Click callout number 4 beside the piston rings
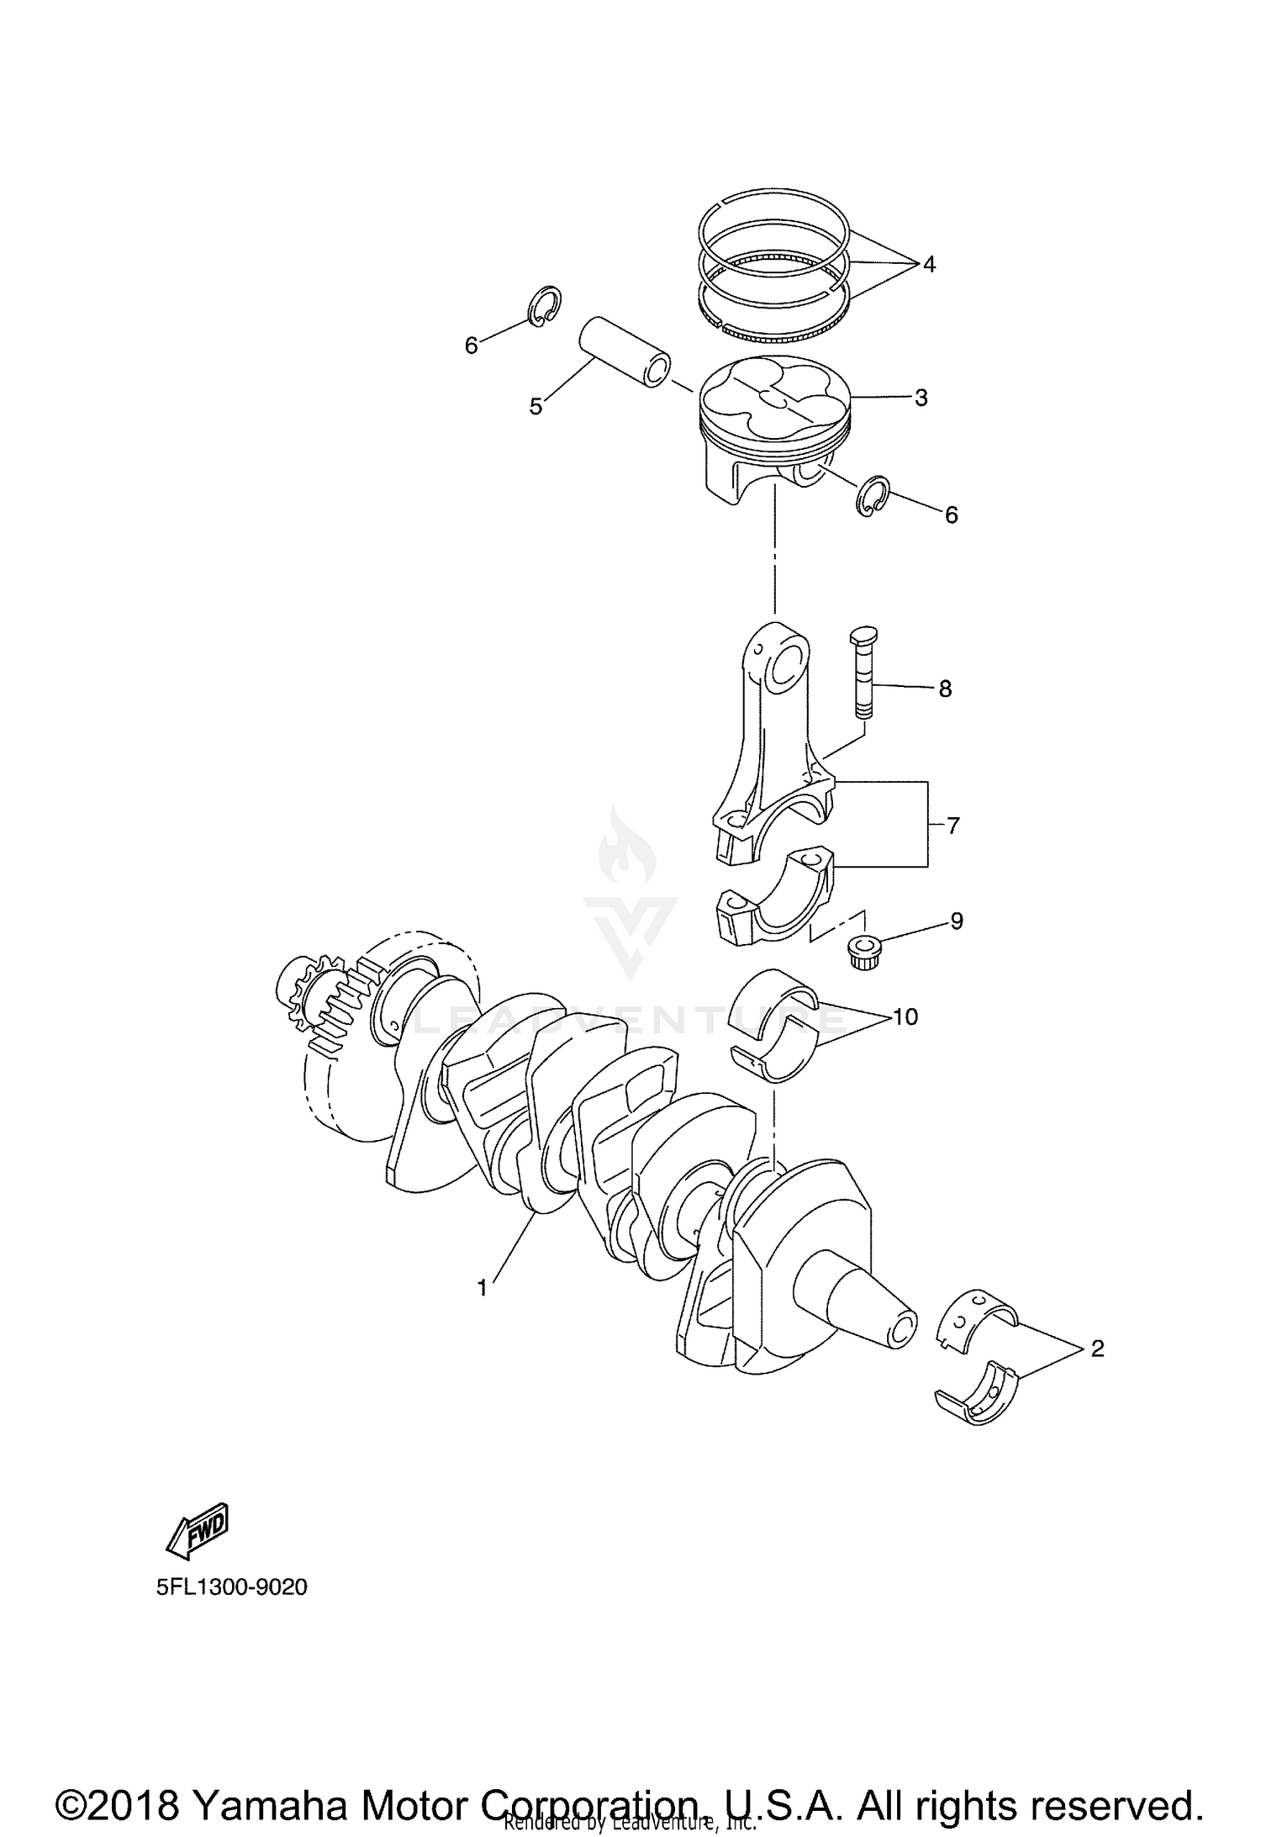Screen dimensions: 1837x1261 click(x=928, y=265)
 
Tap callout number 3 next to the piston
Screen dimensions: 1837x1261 click(x=921, y=398)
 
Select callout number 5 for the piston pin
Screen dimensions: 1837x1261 click(x=536, y=407)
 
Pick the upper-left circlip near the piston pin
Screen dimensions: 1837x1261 click(x=546, y=305)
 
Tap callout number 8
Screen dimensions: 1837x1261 click(x=945, y=689)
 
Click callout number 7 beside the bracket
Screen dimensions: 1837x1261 click(x=952, y=826)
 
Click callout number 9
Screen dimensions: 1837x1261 click(x=956, y=921)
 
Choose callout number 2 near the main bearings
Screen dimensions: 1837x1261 click(x=1097, y=1349)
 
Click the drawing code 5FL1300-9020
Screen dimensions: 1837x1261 click(x=231, y=1587)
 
